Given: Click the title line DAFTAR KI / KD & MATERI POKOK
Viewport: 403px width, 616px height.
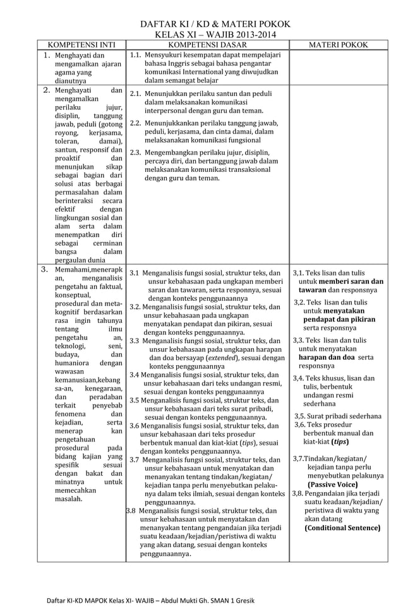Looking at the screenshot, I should (207, 25).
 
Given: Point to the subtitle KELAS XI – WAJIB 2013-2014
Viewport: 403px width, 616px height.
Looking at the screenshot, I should (207, 35).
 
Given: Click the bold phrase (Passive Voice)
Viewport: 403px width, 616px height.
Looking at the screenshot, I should (333, 485).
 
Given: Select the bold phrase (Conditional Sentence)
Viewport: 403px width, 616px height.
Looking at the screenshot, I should (342, 528).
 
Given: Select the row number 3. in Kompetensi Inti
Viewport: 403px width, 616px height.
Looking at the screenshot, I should (45, 270).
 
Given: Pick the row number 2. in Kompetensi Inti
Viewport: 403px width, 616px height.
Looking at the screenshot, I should (45, 90).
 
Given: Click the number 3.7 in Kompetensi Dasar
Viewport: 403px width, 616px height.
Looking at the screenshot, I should (135, 460).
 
